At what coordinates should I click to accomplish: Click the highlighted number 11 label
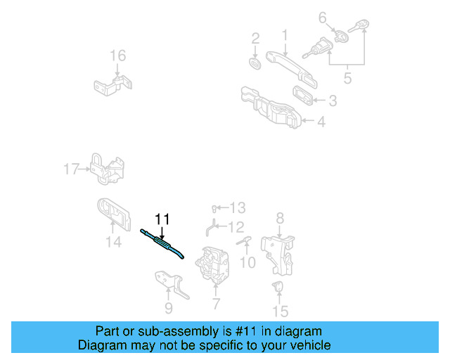coord(162,219)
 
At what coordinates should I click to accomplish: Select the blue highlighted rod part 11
coord(163,243)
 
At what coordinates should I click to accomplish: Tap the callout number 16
coord(117,56)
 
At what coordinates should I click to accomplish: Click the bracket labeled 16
coord(112,85)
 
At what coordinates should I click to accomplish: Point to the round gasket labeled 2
coord(255,63)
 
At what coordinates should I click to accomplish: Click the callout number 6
coord(323,18)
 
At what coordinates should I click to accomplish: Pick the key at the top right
coord(361,28)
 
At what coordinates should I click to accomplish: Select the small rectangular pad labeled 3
coord(305,95)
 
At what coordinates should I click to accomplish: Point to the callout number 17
coord(71,169)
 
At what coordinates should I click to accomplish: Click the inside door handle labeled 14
coord(113,214)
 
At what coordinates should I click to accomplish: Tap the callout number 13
coord(237,207)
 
